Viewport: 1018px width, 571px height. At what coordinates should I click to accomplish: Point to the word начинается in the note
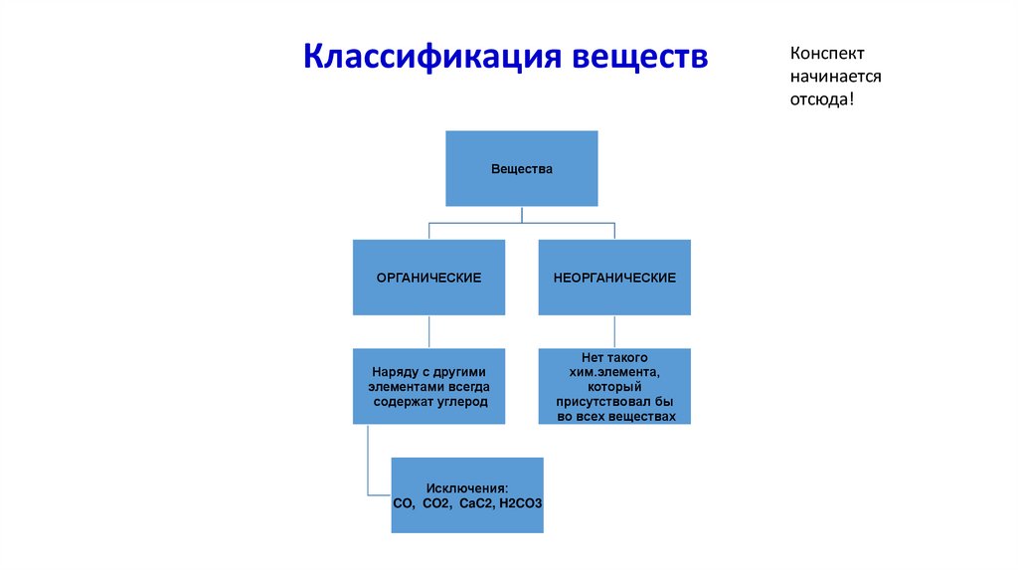tap(836, 77)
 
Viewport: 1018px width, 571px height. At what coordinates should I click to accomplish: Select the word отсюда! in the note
tap(822, 99)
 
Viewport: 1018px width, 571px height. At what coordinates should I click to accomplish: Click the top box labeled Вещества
tap(522, 169)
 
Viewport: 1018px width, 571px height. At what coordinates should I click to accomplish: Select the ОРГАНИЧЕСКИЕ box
tap(428, 278)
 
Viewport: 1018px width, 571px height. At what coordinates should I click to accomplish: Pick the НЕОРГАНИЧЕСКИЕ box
tap(614, 278)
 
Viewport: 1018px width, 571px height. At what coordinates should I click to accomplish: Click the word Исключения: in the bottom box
tap(467, 487)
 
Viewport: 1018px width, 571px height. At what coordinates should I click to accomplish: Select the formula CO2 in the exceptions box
tap(436, 503)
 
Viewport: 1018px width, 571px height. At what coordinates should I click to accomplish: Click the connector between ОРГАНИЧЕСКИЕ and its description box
tap(428, 331)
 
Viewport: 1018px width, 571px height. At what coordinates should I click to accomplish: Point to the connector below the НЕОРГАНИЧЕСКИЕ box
tap(614, 331)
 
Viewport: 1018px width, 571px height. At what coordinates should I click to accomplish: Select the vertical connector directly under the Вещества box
tap(522, 215)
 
